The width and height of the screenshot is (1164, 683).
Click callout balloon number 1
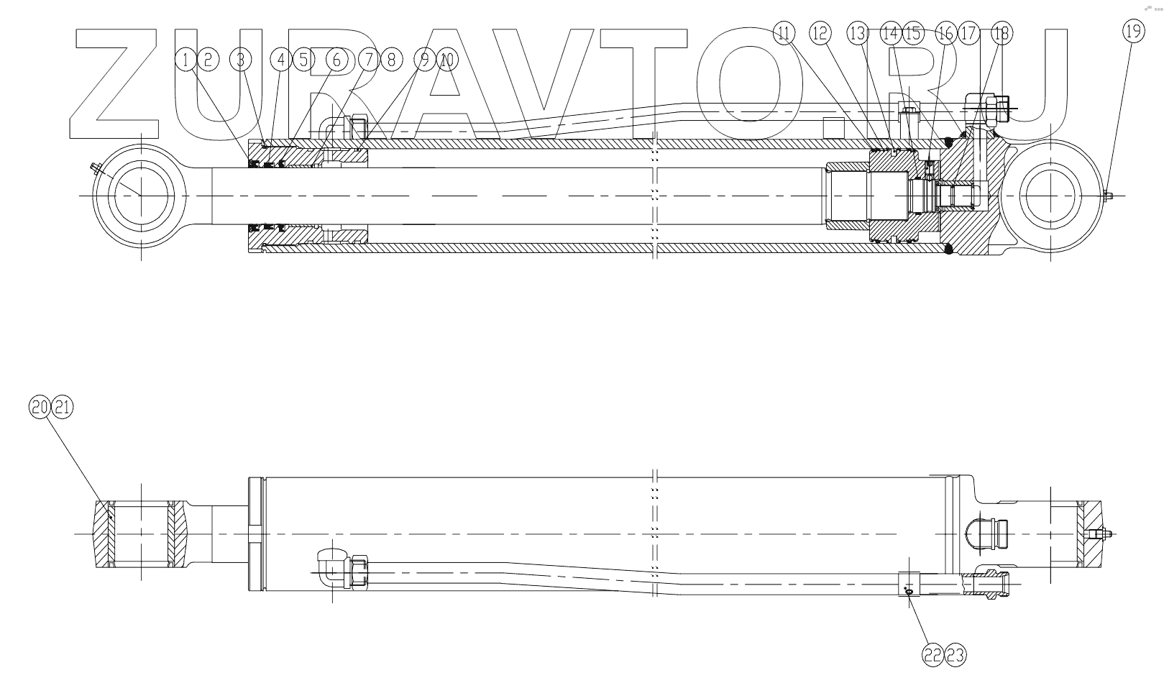[186, 60]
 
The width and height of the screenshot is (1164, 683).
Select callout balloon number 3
[240, 60]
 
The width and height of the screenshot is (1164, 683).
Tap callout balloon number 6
[336, 60]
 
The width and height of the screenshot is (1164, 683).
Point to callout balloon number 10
[447, 60]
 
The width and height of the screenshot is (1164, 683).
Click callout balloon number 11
[784, 32]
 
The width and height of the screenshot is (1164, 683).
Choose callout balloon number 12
[820, 32]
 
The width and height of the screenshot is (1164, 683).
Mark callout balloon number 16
[945, 32]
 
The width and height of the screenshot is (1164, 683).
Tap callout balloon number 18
[1000, 32]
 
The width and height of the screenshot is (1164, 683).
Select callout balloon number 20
[40, 407]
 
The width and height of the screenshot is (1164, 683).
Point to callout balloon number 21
[63, 407]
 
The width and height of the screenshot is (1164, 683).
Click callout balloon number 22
[932, 654]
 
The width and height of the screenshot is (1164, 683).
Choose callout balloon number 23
[956, 654]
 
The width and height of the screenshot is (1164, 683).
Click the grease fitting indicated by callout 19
[1108, 195]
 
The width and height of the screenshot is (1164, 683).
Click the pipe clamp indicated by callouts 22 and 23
[909, 583]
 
